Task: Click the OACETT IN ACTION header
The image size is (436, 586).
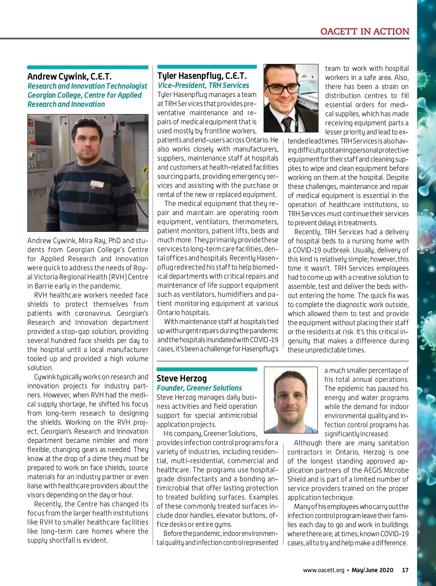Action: tap(364, 32)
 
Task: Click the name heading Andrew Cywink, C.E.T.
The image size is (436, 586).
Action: tap(69, 77)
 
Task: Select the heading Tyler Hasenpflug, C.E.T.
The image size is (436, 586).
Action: tap(202, 76)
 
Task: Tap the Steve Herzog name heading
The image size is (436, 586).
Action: tap(182, 379)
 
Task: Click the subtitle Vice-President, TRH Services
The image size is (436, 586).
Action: tap(203, 85)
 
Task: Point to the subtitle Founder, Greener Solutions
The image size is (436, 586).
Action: tap(199, 388)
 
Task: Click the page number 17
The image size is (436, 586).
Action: tap(405, 570)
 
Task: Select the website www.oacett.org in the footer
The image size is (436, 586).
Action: tap(323, 570)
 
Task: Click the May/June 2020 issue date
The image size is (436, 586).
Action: tap(372, 570)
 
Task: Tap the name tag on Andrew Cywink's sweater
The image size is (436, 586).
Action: tap(97, 185)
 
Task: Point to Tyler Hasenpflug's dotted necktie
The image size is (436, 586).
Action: tap(287, 124)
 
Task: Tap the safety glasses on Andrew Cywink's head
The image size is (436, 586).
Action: tap(86, 122)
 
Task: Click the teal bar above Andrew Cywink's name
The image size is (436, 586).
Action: tap(88, 67)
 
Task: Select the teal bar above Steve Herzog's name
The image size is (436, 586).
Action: tap(207, 369)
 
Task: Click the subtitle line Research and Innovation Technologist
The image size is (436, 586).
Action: tap(87, 86)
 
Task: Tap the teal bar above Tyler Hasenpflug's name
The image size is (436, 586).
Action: tap(207, 66)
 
